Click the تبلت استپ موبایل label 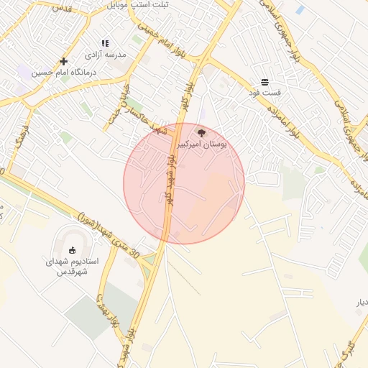click(x=137, y=4)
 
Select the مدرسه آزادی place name click(x=106, y=55)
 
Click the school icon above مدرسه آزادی click(x=106, y=43)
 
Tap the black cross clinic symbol click(x=64, y=61)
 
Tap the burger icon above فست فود click(x=265, y=82)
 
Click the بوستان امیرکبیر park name click(x=202, y=144)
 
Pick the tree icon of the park click(x=201, y=133)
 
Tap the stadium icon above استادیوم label click(x=72, y=249)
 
